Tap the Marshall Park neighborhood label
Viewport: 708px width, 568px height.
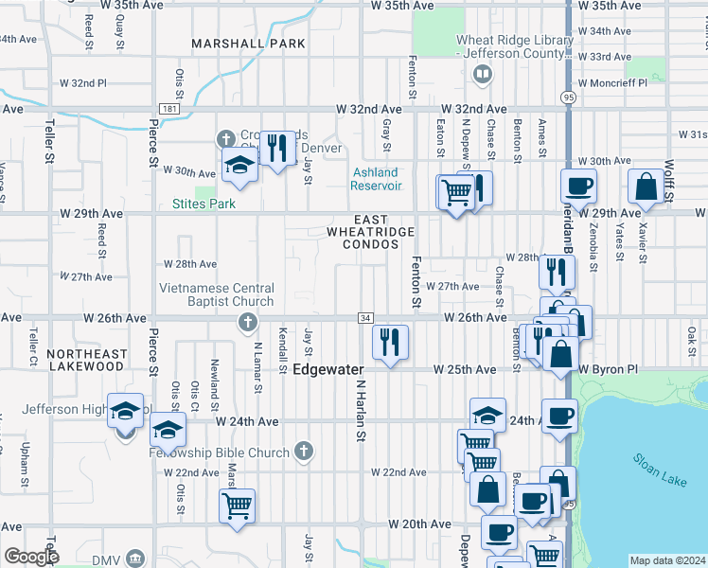pos(248,44)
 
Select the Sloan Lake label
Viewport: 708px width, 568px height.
pos(658,470)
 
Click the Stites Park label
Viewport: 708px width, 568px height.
pos(204,204)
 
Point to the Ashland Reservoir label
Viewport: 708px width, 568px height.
pos(377,179)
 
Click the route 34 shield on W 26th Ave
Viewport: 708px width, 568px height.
pos(364,317)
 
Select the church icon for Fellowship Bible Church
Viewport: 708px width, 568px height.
pos(303,452)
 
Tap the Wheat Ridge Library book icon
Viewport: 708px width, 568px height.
pos(483,73)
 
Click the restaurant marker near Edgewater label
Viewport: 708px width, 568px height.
pos(389,341)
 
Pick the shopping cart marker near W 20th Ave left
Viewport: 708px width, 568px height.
pos(236,504)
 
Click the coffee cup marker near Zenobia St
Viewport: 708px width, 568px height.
pos(578,186)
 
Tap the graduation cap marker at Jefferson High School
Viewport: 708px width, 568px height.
pos(125,411)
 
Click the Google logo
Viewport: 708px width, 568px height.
pos(31,557)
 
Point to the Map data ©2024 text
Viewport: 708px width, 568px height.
pos(667,560)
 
